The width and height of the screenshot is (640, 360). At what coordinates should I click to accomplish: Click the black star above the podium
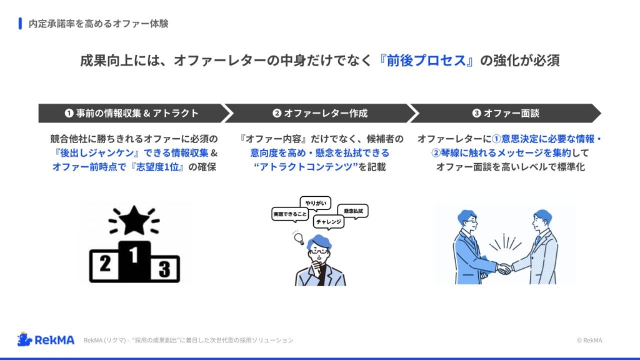tap(134, 221)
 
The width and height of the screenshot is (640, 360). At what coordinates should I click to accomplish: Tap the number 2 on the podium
tap(105, 264)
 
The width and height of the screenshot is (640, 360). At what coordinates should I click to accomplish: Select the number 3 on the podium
tap(164, 269)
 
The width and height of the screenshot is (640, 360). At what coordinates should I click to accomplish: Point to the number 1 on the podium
tap(134, 255)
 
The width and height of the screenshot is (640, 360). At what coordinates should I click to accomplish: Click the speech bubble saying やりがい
tap(316, 203)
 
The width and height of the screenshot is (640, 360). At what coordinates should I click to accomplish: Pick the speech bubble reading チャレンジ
tap(329, 222)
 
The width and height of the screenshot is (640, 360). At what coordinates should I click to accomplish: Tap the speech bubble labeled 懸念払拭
tap(353, 211)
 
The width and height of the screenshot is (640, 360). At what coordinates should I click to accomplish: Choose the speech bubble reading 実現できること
tap(290, 214)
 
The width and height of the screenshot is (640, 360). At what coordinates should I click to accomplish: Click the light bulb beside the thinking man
tap(299, 238)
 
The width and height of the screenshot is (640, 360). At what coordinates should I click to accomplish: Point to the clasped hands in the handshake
tap(504, 269)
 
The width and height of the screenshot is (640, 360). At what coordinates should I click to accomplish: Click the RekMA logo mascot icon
tap(24, 339)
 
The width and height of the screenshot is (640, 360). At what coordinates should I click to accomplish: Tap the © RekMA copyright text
tap(589, 341)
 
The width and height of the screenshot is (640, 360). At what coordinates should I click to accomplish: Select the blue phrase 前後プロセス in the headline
tap(426, 61)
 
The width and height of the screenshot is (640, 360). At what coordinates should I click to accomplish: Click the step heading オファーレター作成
tap(326, 113)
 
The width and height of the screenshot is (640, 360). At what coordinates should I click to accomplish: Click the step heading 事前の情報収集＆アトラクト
tap(137, 113)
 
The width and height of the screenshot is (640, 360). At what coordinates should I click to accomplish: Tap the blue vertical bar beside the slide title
tap(20, 23)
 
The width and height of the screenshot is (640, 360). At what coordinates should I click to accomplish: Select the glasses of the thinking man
tap(319, 252)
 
